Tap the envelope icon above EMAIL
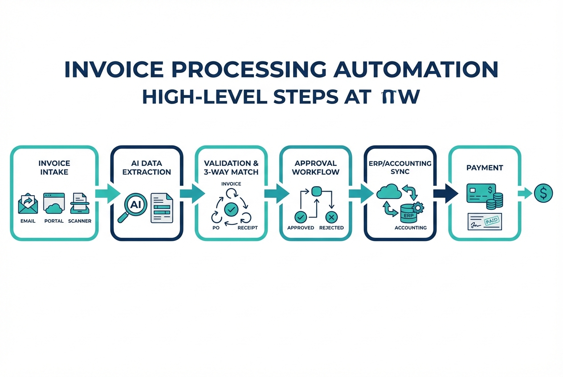28,203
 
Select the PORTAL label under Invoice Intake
54,221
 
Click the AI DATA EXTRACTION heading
147,168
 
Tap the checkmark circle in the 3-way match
231,208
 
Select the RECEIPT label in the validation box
247,228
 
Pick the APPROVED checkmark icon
301,217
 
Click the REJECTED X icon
331,217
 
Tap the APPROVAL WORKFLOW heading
316,168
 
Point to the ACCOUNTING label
410,228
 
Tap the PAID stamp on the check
490,220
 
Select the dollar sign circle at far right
543,193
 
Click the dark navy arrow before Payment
446,193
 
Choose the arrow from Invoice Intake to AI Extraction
107,193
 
